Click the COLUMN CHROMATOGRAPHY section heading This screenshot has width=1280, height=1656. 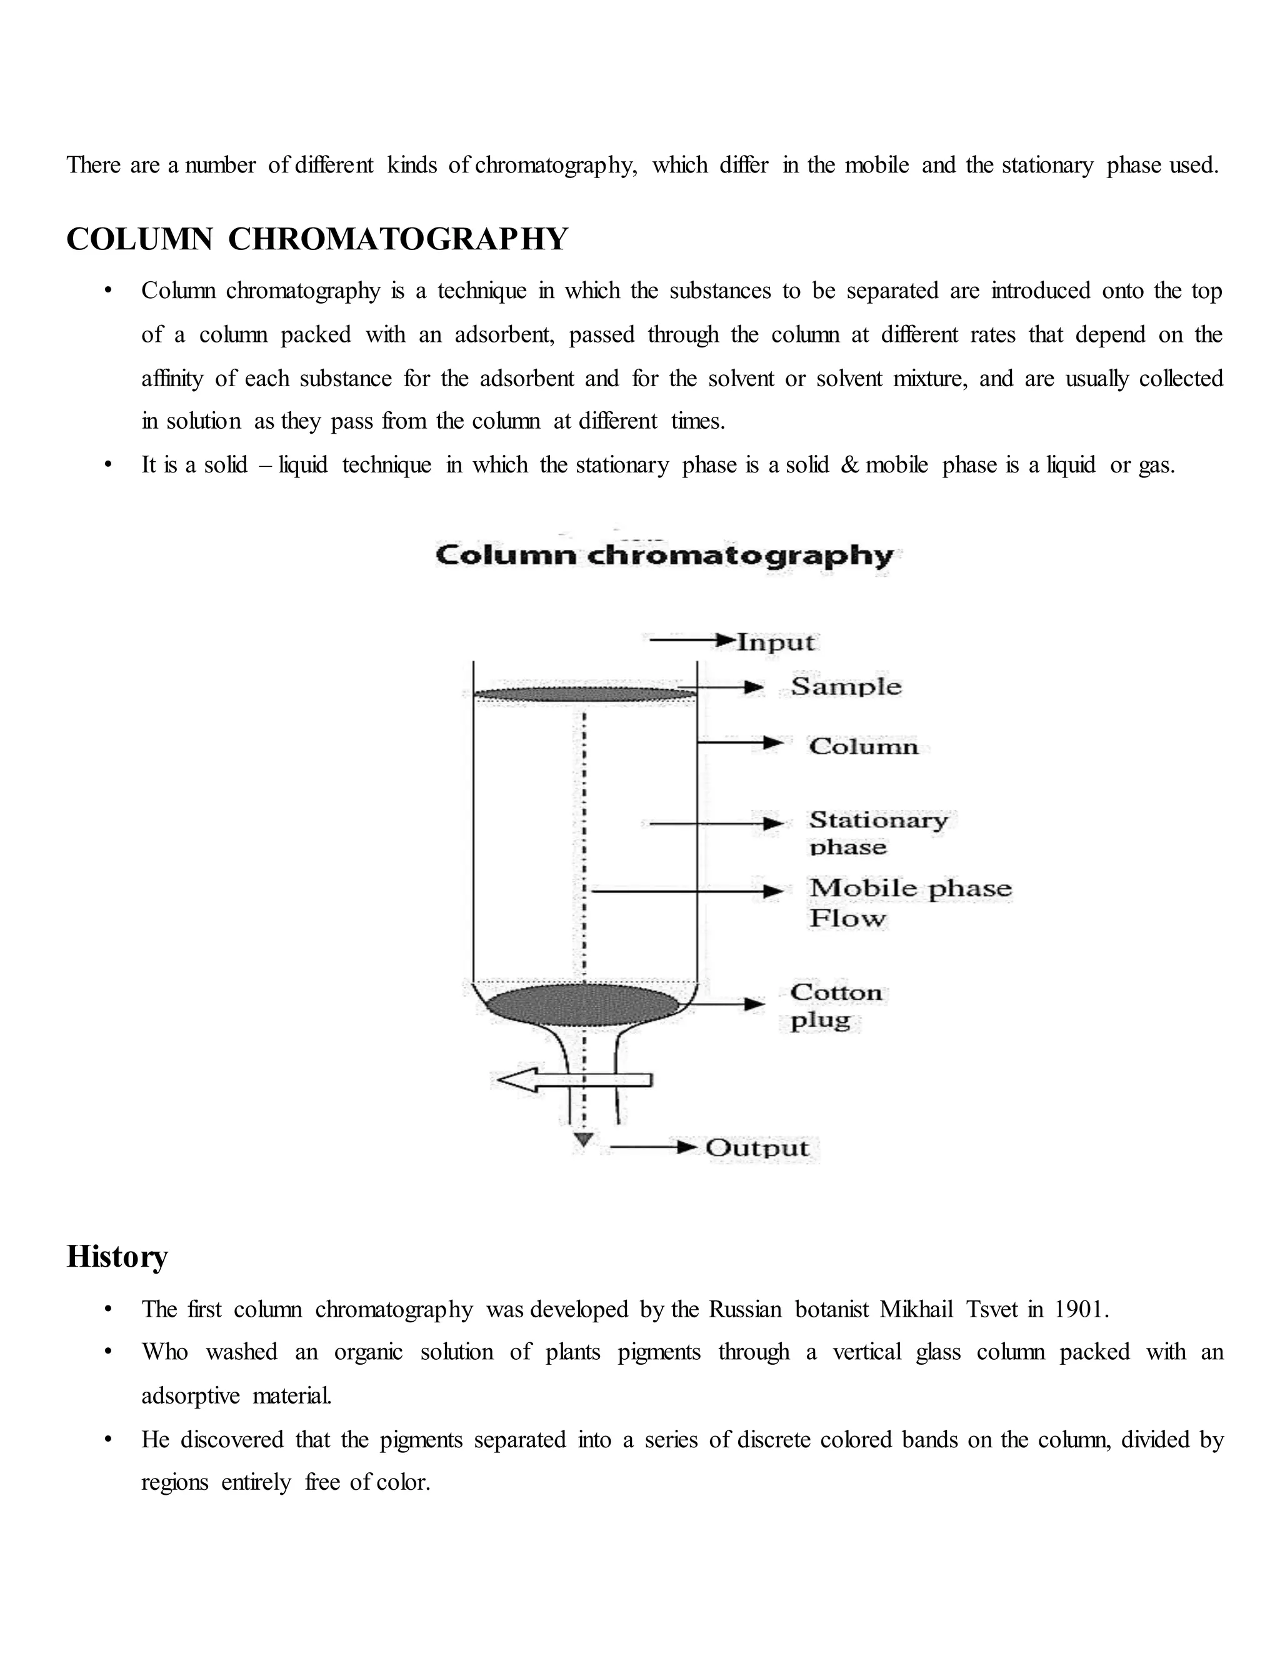pos(317,239)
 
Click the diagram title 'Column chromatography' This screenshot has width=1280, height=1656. pos(664,556)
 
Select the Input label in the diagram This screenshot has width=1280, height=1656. pos(776,642)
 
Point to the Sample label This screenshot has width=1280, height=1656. pos(846,687)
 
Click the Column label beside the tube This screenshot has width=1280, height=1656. pos(864,746)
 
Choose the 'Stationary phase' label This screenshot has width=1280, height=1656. pos(878,832)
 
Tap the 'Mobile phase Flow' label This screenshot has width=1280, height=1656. pos(910,902)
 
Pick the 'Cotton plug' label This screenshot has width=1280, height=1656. pos(836,1005)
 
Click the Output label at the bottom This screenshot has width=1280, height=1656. pos(757,1148)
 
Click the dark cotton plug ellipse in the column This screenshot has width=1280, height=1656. pos(582,1005)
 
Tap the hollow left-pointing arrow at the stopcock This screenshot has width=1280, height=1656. pos(571,1080)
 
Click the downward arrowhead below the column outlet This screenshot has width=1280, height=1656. pos(582,1140)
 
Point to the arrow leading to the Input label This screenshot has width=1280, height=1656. pos(692,641)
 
